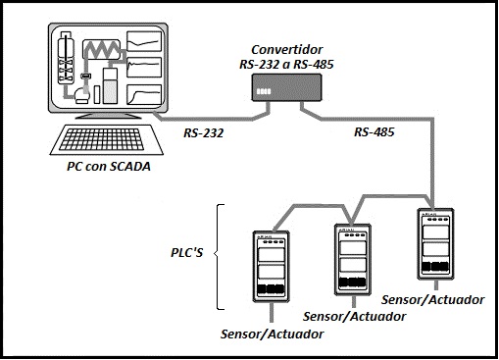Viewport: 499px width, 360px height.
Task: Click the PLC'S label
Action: (186, 252)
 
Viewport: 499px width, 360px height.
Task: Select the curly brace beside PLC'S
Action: (221, 252)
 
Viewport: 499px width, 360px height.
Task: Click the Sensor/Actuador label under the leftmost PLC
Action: (274, 334)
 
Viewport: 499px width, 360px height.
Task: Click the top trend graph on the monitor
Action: (146, 42)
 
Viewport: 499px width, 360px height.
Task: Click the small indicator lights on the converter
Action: (262, 90)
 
